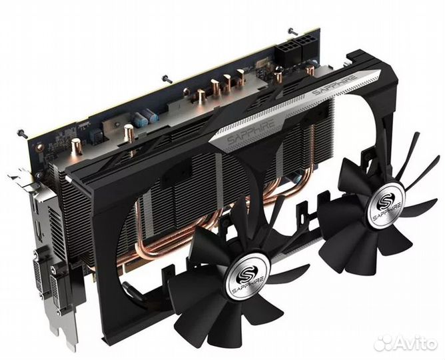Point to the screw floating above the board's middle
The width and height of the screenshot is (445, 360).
(x=167, y=79)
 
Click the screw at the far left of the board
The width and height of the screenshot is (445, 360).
(x=23, y=133)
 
